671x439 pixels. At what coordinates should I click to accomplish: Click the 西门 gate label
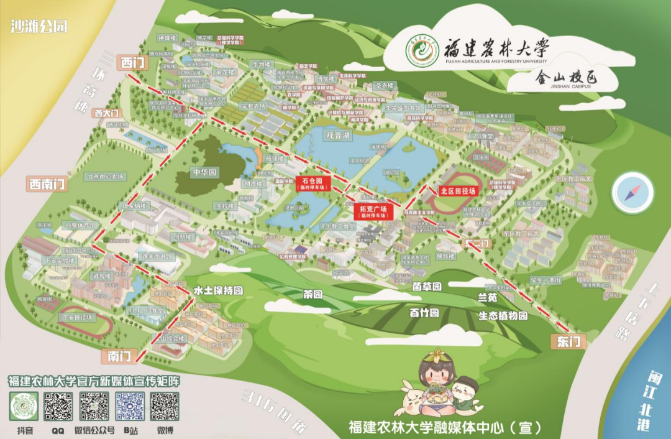click(133, 62)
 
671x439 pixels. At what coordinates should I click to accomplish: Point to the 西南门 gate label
click(47, 183)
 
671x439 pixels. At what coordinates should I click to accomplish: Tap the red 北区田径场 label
click(458, 191)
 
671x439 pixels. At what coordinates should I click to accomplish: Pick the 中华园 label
click(204, 172)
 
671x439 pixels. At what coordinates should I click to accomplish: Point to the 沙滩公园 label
click(39, 26)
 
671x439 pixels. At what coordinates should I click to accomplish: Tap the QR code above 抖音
click(24, 407)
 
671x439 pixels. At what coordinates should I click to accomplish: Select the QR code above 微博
click(164, 407)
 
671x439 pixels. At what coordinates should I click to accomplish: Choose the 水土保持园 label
click(218, 290)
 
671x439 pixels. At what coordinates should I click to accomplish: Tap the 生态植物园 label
click(503, 315)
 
